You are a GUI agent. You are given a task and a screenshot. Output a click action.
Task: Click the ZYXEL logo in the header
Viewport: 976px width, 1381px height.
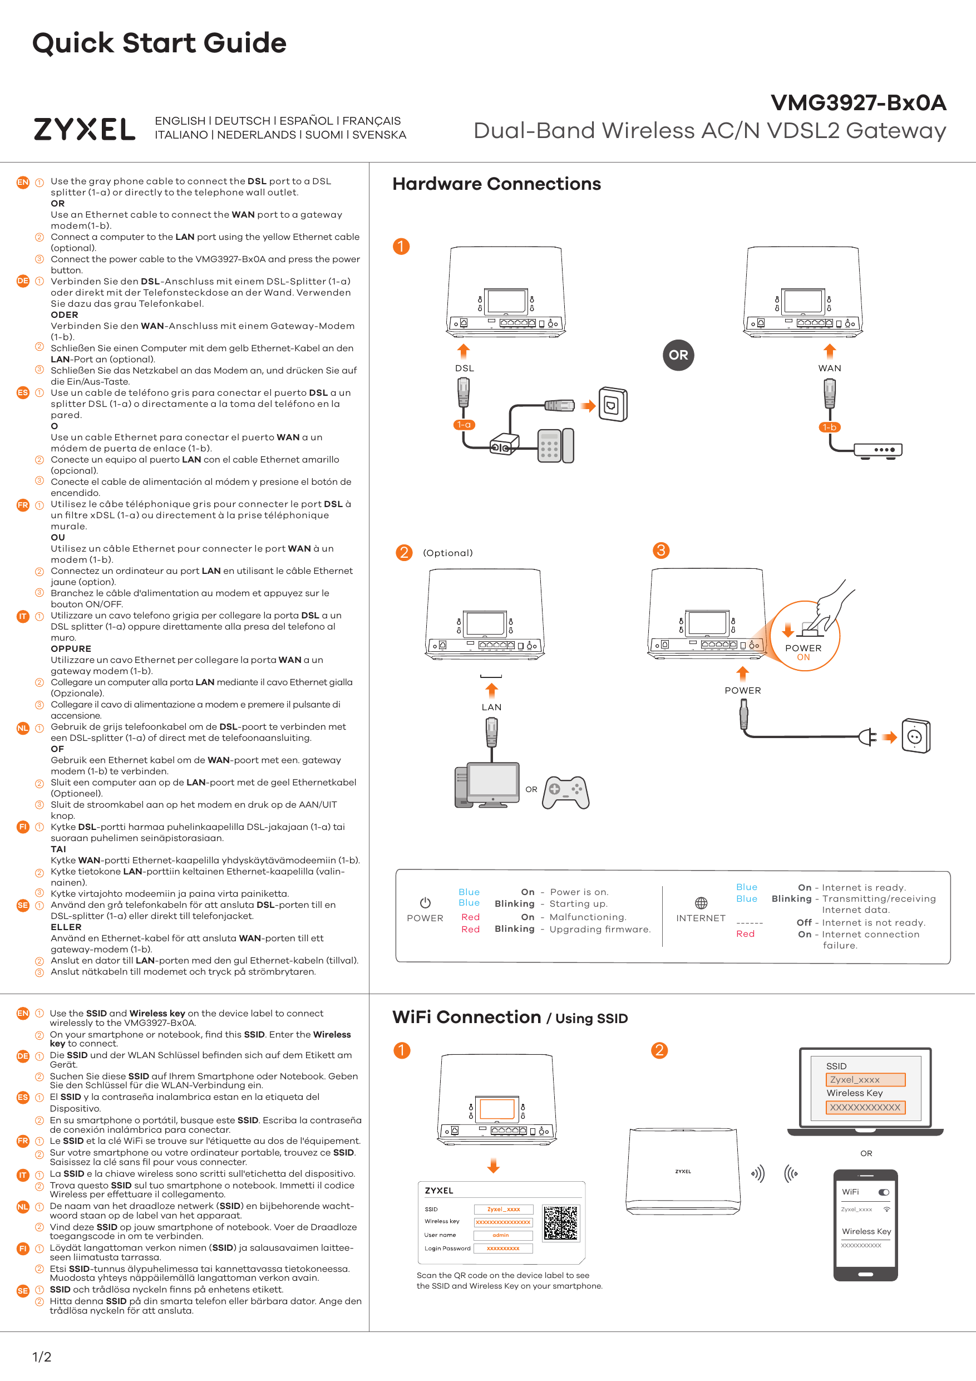(84, 129)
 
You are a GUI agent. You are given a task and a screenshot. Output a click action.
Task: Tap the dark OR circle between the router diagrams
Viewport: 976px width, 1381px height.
(678, 355)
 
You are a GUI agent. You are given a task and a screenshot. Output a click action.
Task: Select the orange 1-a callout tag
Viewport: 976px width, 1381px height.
(464, 425)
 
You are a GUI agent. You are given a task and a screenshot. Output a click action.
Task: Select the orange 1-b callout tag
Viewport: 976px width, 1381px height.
(829, 427)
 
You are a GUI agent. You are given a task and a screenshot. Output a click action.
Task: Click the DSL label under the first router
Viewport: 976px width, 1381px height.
(464, 368)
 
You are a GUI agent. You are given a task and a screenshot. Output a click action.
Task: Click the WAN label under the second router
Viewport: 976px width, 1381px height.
(829, 368)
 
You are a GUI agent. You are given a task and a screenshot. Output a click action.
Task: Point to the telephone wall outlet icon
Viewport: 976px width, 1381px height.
(613, 405)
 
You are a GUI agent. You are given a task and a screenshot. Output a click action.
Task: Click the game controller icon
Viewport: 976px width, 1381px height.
(565, 792)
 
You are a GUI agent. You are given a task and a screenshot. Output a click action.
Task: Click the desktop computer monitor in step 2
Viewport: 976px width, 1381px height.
(492, 782)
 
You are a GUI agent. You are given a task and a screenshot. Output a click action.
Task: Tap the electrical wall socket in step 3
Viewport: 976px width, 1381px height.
(915, 736)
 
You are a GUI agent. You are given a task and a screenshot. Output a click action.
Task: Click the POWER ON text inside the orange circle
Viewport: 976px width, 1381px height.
(803, 652)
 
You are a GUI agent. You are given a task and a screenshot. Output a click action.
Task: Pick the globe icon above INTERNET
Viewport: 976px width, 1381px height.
(701, 903)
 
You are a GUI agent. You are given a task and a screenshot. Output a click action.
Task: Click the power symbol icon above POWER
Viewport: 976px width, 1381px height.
(425, 903)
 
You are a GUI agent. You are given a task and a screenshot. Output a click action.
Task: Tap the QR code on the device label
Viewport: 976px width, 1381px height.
(560, 1223)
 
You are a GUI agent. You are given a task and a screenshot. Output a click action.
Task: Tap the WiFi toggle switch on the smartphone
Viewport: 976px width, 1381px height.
(884, 1192)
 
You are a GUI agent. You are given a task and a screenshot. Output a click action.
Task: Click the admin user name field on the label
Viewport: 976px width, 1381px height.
(502, 1235)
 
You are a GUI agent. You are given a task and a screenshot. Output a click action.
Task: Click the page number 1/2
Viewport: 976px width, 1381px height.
(42, 1357)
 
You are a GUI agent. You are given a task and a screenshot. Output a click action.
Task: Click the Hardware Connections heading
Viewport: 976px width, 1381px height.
(496, 184)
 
